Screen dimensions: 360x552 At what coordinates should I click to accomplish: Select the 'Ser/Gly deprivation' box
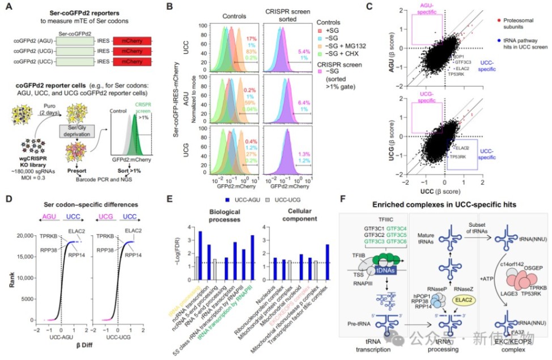click(75, 128)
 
